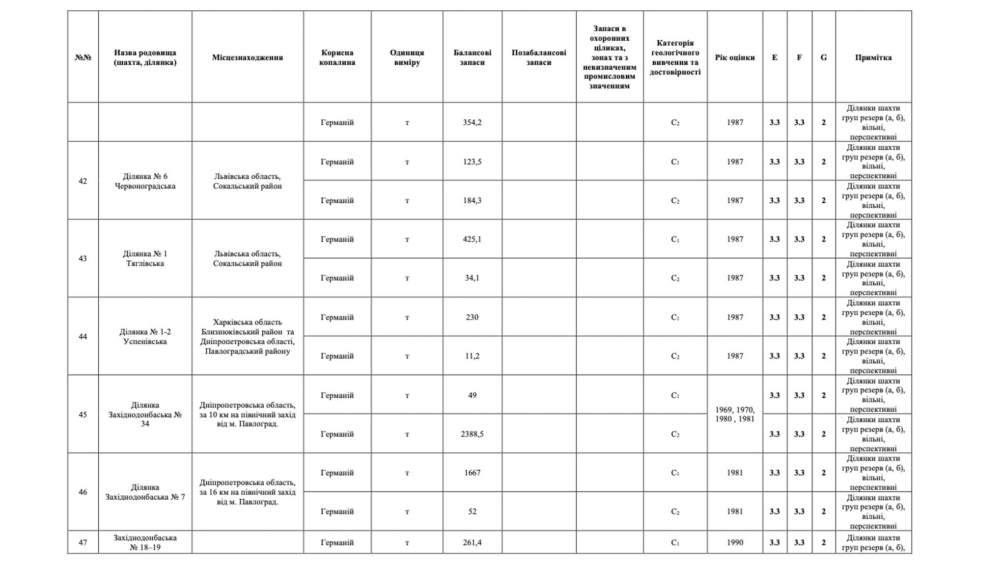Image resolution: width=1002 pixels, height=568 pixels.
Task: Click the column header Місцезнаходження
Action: (247, 57)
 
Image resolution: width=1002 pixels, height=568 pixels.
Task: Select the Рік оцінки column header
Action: (734, 57)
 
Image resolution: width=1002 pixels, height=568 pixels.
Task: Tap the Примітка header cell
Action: (873, 57)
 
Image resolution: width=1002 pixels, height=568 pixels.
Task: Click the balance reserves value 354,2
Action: (472, 122)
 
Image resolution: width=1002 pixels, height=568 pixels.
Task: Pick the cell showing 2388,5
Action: (472, 434)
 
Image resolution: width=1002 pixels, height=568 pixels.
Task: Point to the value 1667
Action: (472, 473)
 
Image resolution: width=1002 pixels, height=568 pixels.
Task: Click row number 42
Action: (83, 181)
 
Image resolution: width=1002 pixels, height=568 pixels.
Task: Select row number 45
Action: (83, 415)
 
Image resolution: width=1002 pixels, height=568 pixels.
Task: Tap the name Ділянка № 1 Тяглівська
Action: (145, 259)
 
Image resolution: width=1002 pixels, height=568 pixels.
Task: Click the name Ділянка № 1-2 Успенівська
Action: (145, 337)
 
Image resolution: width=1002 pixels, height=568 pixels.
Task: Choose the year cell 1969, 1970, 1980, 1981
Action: (734, 414)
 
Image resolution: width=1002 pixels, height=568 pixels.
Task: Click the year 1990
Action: (734, 542)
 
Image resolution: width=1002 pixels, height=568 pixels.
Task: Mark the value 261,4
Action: (472, 542)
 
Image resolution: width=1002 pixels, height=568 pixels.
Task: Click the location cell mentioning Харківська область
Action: (247, 337)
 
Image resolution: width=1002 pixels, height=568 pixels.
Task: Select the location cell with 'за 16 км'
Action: (247, 492)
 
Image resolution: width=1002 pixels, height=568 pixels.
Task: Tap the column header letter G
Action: (823, 57)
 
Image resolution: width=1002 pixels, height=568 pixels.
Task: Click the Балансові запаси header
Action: (472, 57)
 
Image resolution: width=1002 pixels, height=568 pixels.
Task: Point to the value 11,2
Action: (472, 356)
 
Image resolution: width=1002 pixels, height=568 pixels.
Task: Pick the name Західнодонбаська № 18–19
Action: (145, 542)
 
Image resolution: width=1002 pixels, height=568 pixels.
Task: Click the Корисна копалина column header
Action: (337, 57)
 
